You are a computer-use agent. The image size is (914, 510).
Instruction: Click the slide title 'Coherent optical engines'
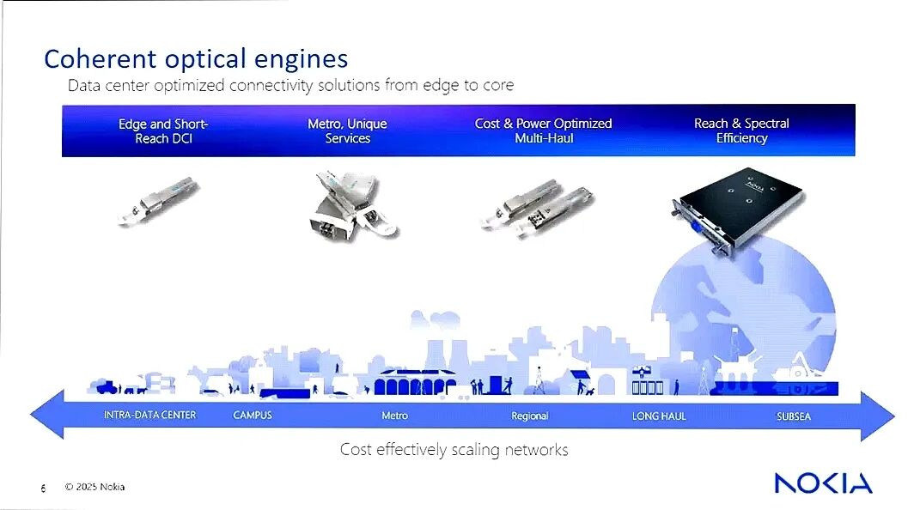pyautogui.click(x=196, y=58)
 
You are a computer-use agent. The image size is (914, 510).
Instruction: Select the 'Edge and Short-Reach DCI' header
pyautogui.click(x=163, y=131)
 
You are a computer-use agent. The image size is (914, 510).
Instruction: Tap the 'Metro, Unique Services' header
pyautogui.click(x=347, y=131)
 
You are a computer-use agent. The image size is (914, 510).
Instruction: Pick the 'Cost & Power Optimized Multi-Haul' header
pyautogui.click(x=543, y=131)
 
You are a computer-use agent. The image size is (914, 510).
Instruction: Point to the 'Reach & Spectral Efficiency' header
pyautogui.click(x=741, y=131)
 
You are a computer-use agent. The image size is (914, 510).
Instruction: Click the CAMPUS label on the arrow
pyautogui.click(x=253, y=416)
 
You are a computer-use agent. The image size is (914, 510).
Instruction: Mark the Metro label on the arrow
pyautogui.click(x=394, y=416)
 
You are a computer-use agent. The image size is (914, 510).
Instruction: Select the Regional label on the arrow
pyautogui.click(x=529, y=416)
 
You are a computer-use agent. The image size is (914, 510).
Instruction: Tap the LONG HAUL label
pyautogui.click(x=659, y=416)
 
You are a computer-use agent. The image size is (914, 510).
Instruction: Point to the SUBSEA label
pyautogui.click(x=793, y=416)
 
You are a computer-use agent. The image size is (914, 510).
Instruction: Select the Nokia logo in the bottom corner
pyautogui.click(x=822, y=483)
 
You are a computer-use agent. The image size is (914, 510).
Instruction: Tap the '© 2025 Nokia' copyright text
pyautogui.click(x=94, y=488)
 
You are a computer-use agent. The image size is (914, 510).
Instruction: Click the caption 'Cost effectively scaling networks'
pyautogui.click(x=454, y=449)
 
